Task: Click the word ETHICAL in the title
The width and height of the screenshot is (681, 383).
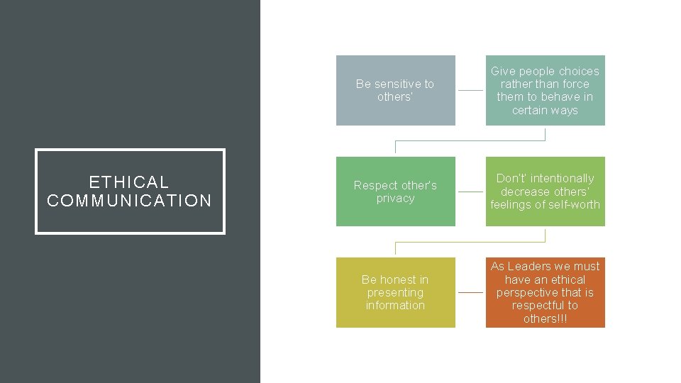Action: click(129, 182)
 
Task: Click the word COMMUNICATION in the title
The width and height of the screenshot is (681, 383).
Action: click(129, 201)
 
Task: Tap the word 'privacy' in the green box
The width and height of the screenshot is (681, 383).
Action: click(395, 199)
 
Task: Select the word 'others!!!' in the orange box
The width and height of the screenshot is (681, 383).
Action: click(545, 318)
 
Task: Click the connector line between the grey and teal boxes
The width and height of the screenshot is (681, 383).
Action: click(470, 91)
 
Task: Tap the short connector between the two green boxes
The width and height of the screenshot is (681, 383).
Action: click(470, 191)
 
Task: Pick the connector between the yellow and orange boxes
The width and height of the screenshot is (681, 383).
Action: click(470, 292)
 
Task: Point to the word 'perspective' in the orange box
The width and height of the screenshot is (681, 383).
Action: click(526, 293)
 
